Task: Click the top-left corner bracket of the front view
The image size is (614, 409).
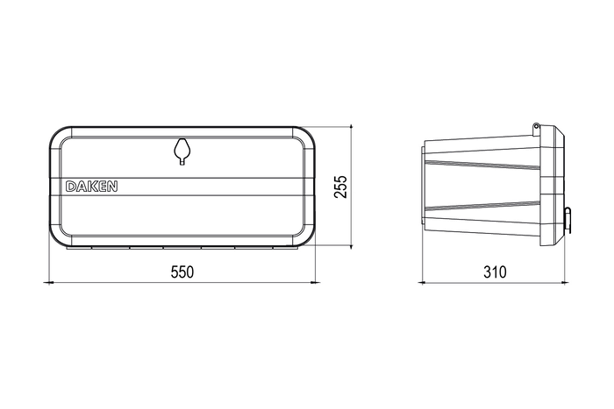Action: pyautogui.click(x=61, y=139)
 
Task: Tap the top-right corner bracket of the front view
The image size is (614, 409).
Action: pyautogui.click(x=303, y=139)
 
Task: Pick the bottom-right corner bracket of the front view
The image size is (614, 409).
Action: pyautogui.click(x=303, y=235)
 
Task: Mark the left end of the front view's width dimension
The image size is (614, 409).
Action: pyautogui.click(x=49, y=282)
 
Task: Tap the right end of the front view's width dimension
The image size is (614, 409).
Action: pyautogui.click(x=315, y=282)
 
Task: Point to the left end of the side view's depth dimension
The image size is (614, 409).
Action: pyautogui.click(x=422, y=282)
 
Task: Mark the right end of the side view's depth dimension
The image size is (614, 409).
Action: pyautogui.click(x=565, y=282)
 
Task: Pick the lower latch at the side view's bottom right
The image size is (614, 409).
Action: pyautogui.click(x=554, y=229)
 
